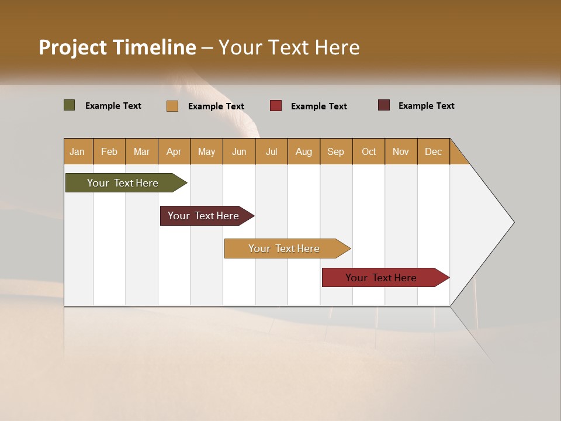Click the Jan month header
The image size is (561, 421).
pyautogui.click(x=78, y=151)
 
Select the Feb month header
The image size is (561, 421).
pyautogui.click(x=109, y=151)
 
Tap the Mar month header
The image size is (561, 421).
pyautogui.click(x=141, y=151)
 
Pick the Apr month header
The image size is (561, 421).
pyautogui.click(x=174, y=151)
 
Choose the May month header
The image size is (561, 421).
pyautogui.click(x=206, y=151)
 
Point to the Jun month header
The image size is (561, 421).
pyautogui.click(x=239, y=151)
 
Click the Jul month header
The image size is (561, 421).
pyautogui.click(x=271, y=151)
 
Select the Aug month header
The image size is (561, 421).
pyautogui.click(x=304, y=151)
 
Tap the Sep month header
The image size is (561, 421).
pyautogui.click(x=336, y=151)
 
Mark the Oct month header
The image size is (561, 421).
pyautogui.click(x=369, y=151)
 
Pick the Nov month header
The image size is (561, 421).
pyautogui.click(x=401, y=151)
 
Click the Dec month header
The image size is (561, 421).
pyautogui.click(x=433, y=151)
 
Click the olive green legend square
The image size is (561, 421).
pyautogui.click(x=70, y=105)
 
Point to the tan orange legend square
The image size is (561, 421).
pyautogui.click(x=172, y=106)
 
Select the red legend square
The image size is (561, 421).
pyautogui.click(x=276, y=106)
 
